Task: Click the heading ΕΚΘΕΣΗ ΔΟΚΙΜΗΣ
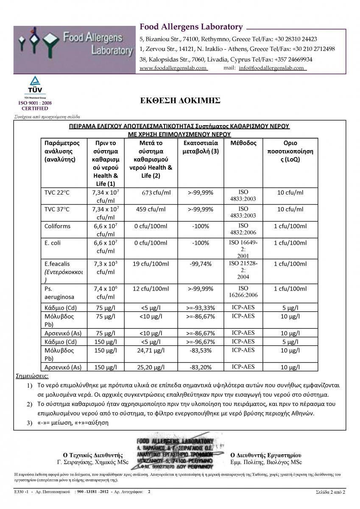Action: click(x=180, y=101)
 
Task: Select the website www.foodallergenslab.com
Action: click(x=173, y=68)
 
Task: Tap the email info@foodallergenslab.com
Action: click(x=271, y=68)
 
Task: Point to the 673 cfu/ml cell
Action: click(x=156, y=193)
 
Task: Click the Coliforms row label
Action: click(x=57, y=226)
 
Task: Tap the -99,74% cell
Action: click(x=201, y=264)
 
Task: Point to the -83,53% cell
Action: click(x=201, y=350)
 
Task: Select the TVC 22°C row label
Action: click(x=57, y=193)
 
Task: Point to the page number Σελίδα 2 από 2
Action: click(x=330, y=492)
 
